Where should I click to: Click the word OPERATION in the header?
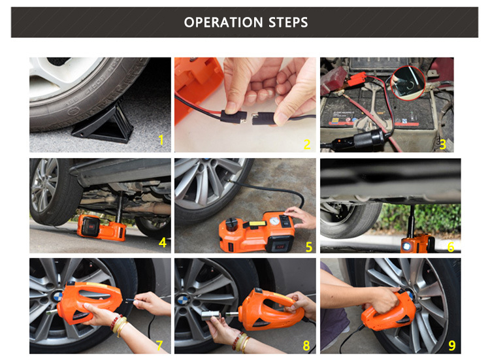223,22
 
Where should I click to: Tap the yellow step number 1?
161,140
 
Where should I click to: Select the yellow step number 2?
307,144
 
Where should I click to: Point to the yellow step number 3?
442,144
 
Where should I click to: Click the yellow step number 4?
163,242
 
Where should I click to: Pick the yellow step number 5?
309,247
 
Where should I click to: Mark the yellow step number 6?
451,247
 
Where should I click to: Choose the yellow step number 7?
159,346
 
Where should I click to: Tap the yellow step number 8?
306,346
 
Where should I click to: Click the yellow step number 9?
452,346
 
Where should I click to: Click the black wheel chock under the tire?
103,123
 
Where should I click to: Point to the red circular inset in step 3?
408,83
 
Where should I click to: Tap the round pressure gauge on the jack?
274,221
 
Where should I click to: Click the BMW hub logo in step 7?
57,296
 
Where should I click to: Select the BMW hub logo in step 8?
182,301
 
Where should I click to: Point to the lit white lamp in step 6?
406,246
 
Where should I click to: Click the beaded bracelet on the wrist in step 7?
115,322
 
